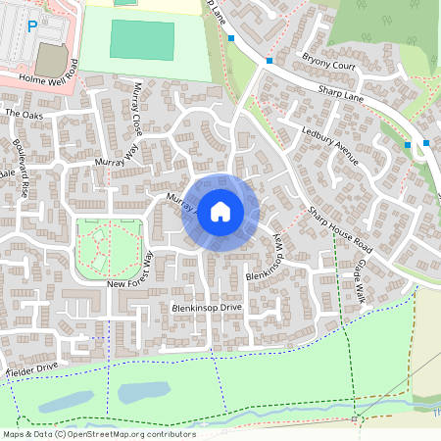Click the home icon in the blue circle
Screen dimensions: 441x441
click(x=220, y=211)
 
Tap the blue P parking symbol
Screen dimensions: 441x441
click(x=32, y=27)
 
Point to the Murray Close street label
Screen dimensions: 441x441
click(x=136, y=108)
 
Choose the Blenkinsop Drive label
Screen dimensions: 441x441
click(x=206, y=308)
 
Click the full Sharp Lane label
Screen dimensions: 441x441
click(x=340, y=100)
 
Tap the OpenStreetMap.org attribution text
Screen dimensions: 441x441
click(x=126, y=434)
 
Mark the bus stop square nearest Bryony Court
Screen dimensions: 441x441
click(x=269, y=60)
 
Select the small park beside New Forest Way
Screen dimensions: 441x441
click(x=109, y=245)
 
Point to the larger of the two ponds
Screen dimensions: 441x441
click(x=143, y=392)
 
